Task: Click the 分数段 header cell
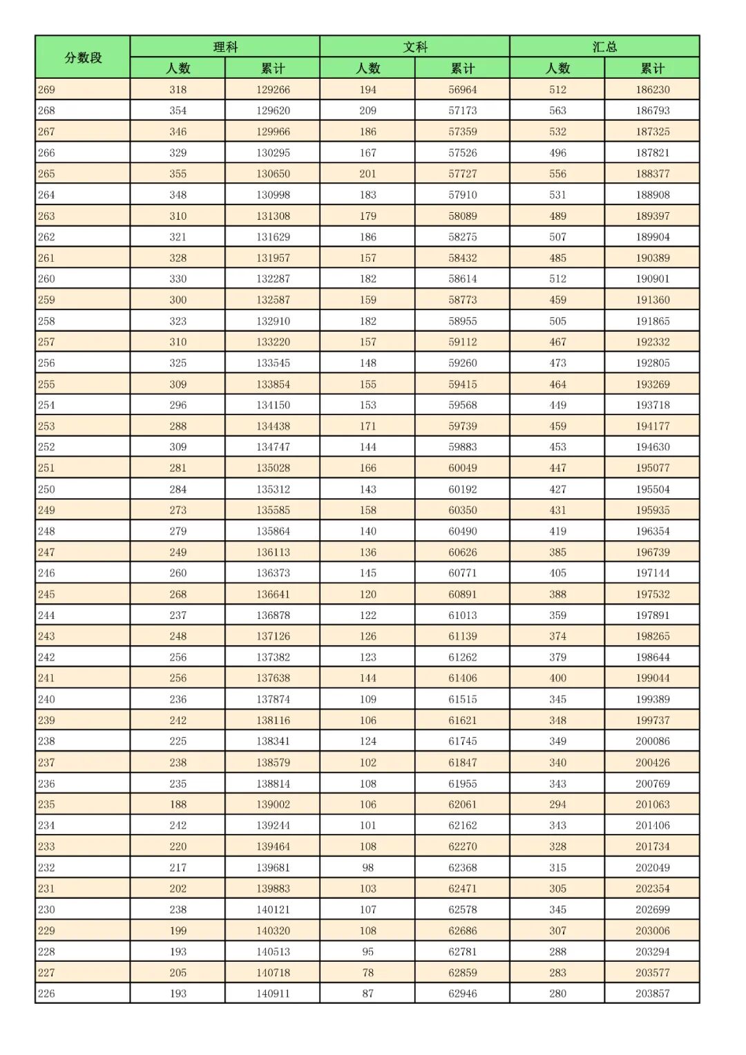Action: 83,57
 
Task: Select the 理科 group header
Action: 225,47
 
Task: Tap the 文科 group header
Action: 415,47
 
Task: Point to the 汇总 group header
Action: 604,47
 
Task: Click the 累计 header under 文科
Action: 462,68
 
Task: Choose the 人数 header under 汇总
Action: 557,68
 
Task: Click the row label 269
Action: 47,90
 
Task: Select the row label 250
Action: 47,489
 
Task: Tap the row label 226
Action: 47,994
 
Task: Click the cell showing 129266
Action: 273,90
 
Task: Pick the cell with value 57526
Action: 462,153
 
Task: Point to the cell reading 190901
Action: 652,279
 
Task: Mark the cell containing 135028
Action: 273,468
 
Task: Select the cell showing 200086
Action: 652,741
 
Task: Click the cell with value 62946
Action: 462,994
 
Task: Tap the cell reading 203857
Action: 652,994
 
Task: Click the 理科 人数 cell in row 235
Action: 178,804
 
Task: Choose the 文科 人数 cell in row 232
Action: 367,868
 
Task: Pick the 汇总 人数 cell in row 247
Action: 557,552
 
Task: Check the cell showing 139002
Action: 273,804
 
